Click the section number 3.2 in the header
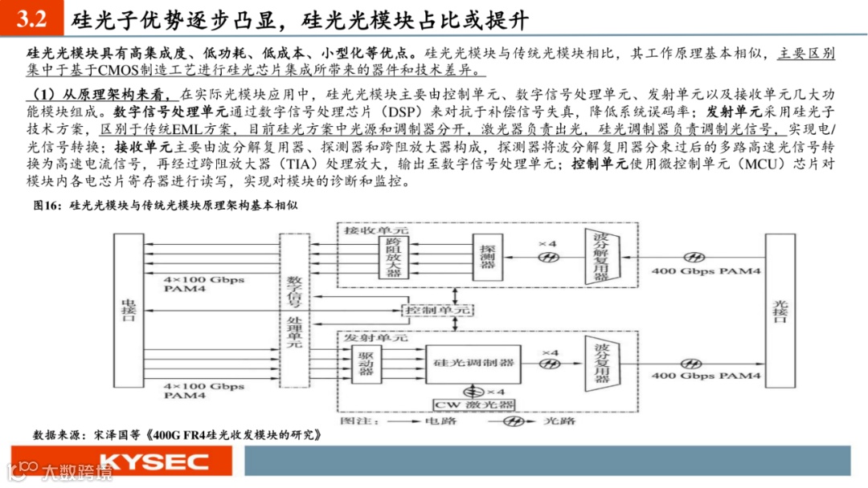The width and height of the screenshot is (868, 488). click(x=31, y=18)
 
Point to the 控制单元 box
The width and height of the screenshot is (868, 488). click(x=439, y=309)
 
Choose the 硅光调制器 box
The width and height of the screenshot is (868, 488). click(x=473, y=362)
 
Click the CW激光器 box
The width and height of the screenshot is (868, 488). click(x=474, y=404)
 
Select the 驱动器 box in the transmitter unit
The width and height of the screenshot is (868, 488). click(x=367, y=362)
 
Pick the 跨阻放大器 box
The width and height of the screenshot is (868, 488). click(x=393, y=257)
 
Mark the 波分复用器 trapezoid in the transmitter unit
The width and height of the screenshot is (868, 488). click(x=601, y=362)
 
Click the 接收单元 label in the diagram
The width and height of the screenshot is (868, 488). click(x=371, y=230)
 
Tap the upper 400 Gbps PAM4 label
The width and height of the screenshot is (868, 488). click(x=706, y=271)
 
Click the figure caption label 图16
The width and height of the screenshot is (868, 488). click(x=47, y=206)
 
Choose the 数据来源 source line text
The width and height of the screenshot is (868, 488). click(x=178, y=434)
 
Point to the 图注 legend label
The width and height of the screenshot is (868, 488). click(x=354, y=419)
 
